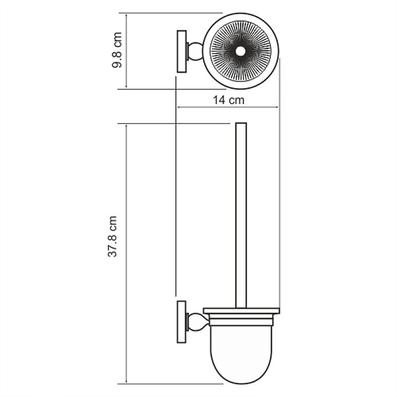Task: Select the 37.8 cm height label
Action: point(113,236)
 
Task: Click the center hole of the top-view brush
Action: point(240,50)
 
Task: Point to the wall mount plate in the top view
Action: point(180,50)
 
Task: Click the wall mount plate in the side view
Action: point(180,322)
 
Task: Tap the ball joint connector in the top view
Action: point(195,50)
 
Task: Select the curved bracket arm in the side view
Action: point(195,322)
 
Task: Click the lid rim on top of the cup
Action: point(241,311)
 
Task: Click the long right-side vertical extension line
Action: point(279,198)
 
